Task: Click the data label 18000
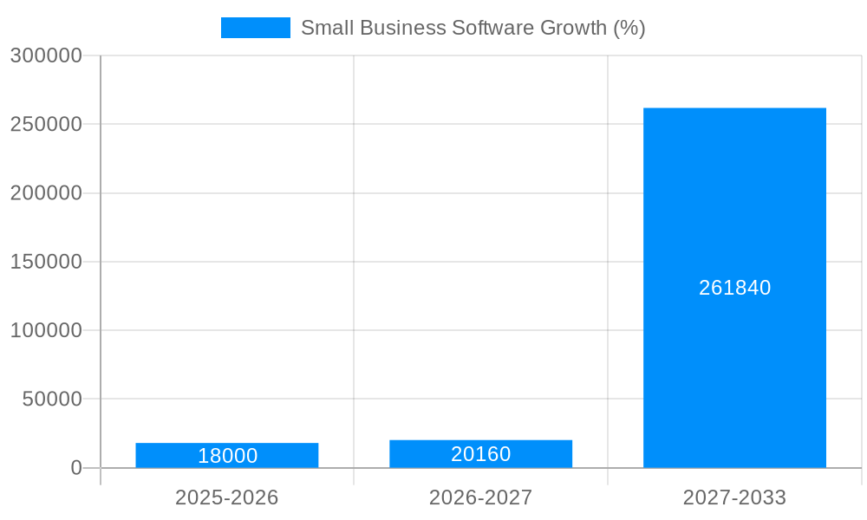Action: coord(227,456)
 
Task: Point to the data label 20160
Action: coord(480,454)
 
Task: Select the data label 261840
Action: coord(734,288)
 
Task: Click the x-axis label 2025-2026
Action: coord(227,497)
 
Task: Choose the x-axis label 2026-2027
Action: coord(480,497)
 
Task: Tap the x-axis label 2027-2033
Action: coord(734,497)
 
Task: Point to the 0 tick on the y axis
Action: coord(75,468)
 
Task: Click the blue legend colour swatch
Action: coord(256,28)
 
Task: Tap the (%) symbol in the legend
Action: coord(629,28)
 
